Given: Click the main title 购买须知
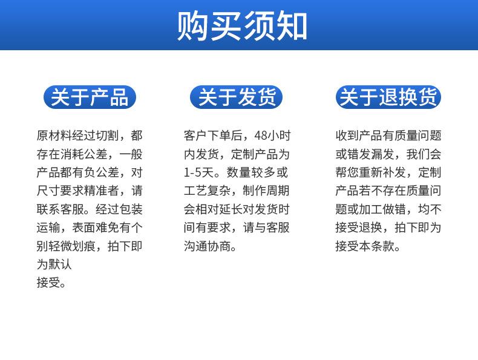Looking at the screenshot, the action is (242, 25).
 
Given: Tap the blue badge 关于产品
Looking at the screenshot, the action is (90, 97).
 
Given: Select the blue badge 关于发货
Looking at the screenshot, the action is (236, 97).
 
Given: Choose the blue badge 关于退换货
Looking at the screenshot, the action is (388, 97).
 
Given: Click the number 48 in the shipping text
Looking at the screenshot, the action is (261, 136).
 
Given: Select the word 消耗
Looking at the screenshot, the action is (72, 154).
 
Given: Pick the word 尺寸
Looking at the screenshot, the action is (48, 191).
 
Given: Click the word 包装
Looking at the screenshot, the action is (131, 209).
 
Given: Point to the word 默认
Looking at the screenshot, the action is (60, 264).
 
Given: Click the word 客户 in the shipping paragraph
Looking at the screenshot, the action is (195, 136).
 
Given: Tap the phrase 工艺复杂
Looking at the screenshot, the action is (208, 191).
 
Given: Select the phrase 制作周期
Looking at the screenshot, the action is (266, 191).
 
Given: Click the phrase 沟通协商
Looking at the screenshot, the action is (208, 246).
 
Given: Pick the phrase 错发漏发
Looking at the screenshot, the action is (371, 154).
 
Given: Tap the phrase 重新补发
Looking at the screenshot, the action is (383, 172).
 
